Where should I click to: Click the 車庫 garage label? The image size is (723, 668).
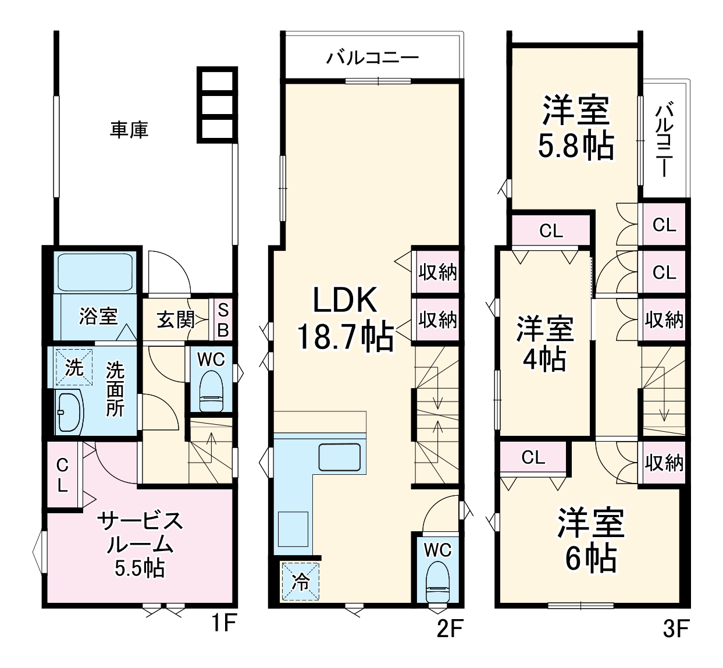(x=129, y=129)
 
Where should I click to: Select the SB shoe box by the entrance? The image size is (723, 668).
(x=222, y=319)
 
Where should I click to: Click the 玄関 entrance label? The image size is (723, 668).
(x=175, y=319)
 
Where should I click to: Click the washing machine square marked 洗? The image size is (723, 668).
(x=74, y=367)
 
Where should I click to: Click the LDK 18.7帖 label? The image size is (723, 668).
(x=345, y=318)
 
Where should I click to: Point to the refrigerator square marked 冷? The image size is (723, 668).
(x=300, y=581)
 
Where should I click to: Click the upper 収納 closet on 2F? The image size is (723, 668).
(x=437, y=272)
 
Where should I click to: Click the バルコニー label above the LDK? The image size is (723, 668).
(x=372, y=58)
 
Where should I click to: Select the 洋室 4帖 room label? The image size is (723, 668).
(x=545, y=344)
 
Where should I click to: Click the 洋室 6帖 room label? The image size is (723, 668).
(x=590, y=540)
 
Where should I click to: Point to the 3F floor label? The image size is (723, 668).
(x=675, y=628)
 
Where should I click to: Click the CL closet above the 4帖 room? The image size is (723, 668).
(x=551, y=231)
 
